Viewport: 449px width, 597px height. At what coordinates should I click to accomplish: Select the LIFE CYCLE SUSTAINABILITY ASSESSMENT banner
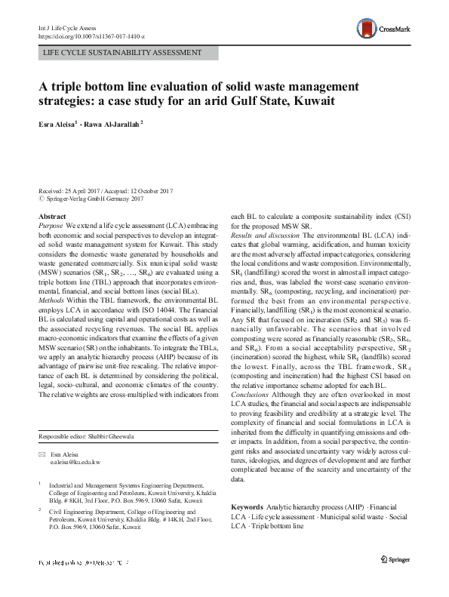(x=123, y=53)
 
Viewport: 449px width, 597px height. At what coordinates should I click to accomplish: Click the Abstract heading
(x=52, y=216)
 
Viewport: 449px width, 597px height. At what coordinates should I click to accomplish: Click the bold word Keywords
(x=248, y=506)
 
